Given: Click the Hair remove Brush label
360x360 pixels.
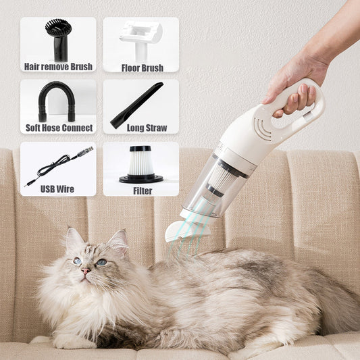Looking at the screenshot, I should [x=58, y=67].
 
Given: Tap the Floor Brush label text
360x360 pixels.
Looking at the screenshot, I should [x=142, y=68].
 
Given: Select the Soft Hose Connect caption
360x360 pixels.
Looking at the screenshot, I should [x=58, y=128].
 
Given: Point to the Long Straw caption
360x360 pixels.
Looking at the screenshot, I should [x=142, y=128].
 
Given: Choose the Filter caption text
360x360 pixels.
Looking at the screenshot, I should [x=142, y=190].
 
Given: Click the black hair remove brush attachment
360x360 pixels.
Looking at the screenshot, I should [x=59, y=38].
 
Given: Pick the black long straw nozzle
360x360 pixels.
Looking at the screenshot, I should [x=137, y=105].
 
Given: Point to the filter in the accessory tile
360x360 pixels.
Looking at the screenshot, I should [x=140, y=163].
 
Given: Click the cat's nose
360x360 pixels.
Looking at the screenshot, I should [x=86, y=271].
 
